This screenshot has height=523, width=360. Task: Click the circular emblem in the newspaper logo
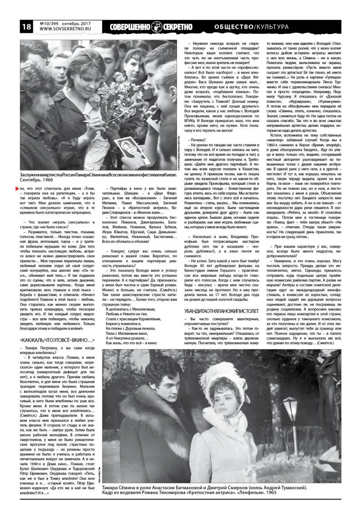tap(157, 27)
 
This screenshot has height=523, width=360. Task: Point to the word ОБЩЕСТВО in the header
tap(233, 27)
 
